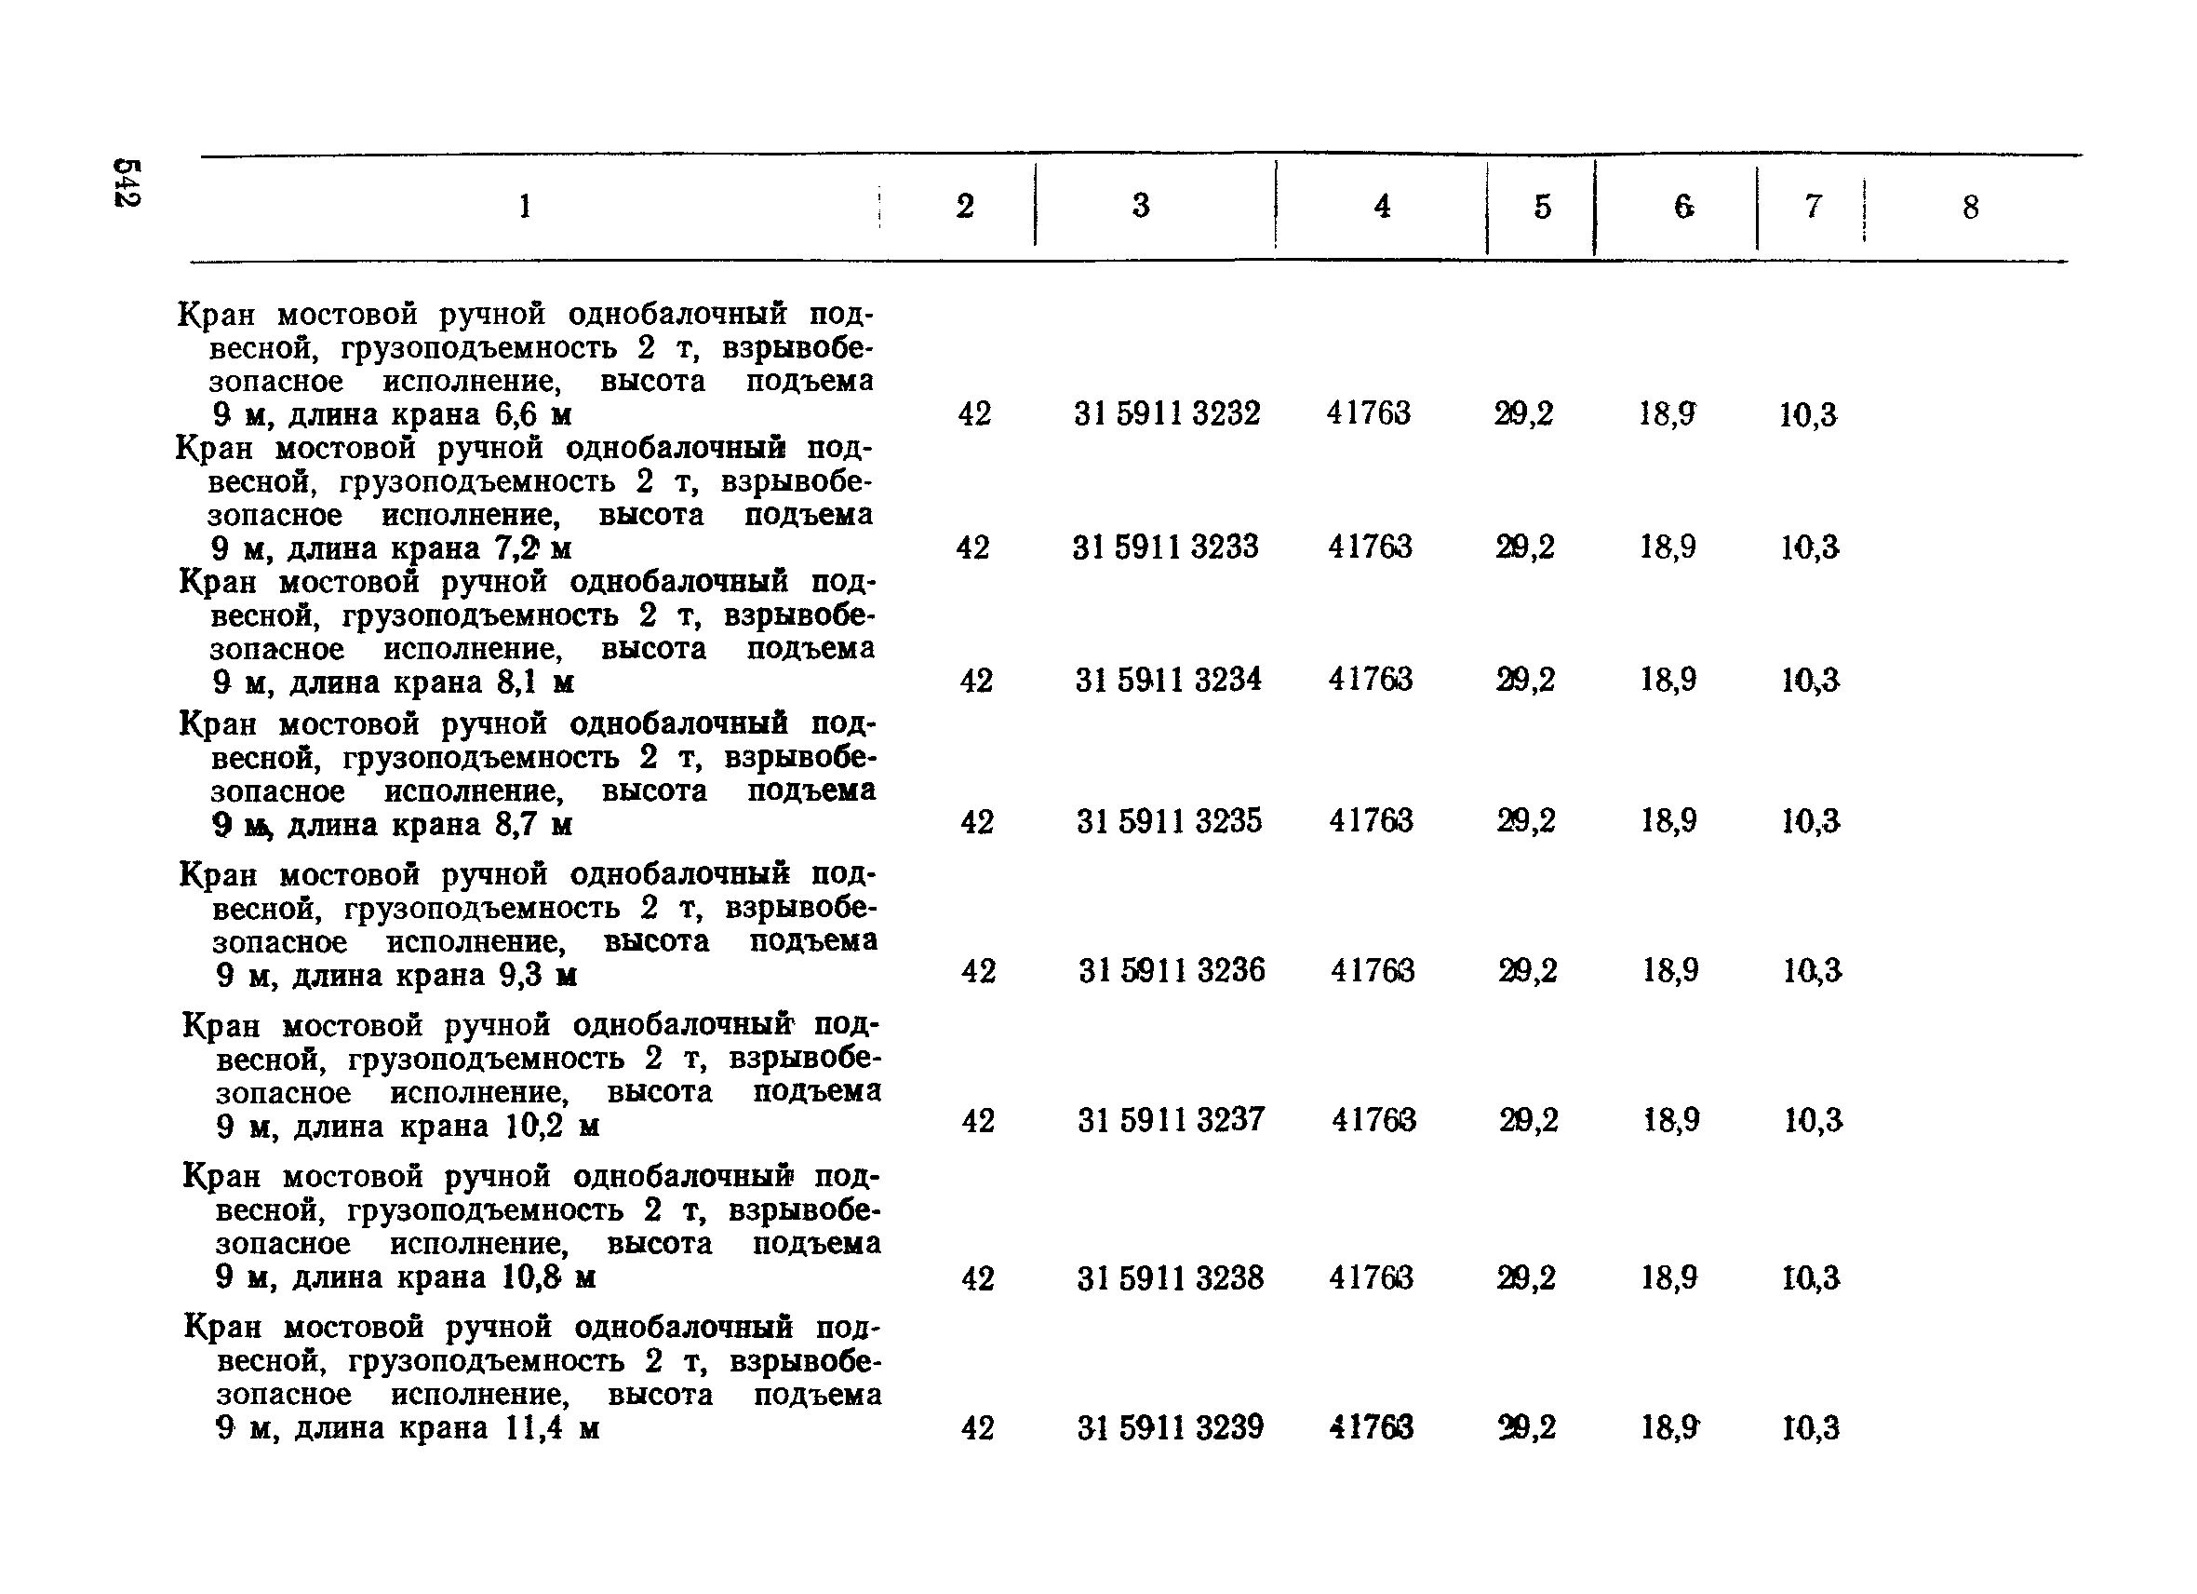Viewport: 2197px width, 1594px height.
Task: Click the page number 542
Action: pyautogui.click(x=127, y=183)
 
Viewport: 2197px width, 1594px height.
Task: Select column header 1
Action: pyautogui.click(x=524, y=206)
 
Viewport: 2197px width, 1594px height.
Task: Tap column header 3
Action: pyautogui.click(x=1141, y=206)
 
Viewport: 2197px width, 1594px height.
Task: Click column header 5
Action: pyautogui.click(x=1542, y=207)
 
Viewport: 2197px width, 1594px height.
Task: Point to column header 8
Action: pyautogui.click(x=1970, y=208)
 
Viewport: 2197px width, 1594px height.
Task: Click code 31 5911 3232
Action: pyautogui.click(x=1166, y=413)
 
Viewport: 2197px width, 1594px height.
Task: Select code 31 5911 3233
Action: pyautogui.click(x=1165, y=547)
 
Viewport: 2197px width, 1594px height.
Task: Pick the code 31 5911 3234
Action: pyautogui.click(x=1168, y=680)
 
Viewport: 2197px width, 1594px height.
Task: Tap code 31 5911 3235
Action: pyautogui.click(x=1169, y=822)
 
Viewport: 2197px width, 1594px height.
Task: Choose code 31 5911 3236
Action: pyautogui.click(x=1172, y=970)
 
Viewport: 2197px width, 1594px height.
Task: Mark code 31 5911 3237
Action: pyautogui.click(x=1172, y=1120)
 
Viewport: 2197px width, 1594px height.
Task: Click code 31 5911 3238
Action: pyautogui.click(x=1171, y=1278)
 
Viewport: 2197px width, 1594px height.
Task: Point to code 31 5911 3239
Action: pyautogui.click(x=1171, y=1427)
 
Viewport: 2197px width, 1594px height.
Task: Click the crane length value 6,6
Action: pyautogui.click(x=516, y=414)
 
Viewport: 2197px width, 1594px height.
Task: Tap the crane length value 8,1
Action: pyautogui.click(x=516, y=682)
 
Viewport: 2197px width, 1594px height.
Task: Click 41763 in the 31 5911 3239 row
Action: pyautogui.click(x=1372, y=1427)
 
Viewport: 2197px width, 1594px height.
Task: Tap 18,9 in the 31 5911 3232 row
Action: pyautogui.click(x=1668, y=413)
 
